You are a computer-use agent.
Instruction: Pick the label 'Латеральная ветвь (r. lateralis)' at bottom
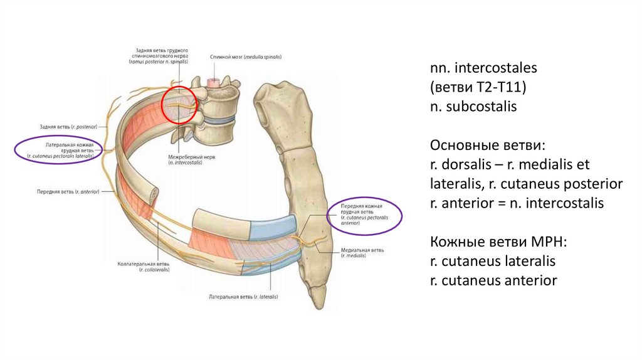243,296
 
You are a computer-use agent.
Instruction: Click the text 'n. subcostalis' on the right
473,107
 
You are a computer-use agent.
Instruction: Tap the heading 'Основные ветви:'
488,146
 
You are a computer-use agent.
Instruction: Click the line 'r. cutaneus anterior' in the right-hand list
493,281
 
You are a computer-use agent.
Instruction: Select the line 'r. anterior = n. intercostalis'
517,203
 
